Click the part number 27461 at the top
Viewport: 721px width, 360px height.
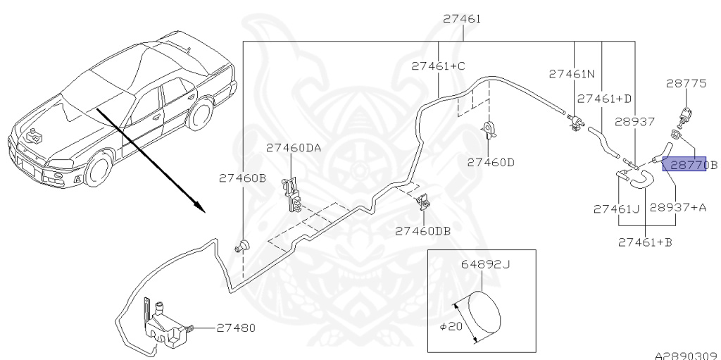coord(462,19)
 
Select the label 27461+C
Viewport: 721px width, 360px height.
coord(439,66)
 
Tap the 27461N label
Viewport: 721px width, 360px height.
coord(572,73)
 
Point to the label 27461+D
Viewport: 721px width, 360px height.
coord(604,99)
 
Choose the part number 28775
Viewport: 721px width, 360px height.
coord(686,83)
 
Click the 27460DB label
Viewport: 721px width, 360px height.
coord(422,230)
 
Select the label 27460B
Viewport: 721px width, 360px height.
coord(243,178)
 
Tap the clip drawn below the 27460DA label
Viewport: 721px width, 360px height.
coord(293,194)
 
